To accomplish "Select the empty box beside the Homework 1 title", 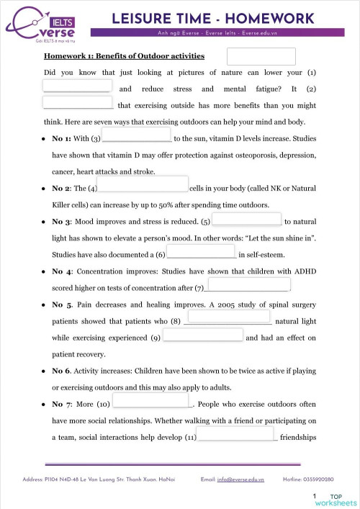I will [261, 56].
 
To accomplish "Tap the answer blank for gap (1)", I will [76, 86].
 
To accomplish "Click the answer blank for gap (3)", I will [137, 135].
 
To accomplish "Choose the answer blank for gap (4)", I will [143, 185].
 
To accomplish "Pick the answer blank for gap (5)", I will [246, 219].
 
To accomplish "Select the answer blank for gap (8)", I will [228, 316].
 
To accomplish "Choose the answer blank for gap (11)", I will [236, 433].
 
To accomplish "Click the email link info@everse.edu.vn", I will [241, 479].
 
